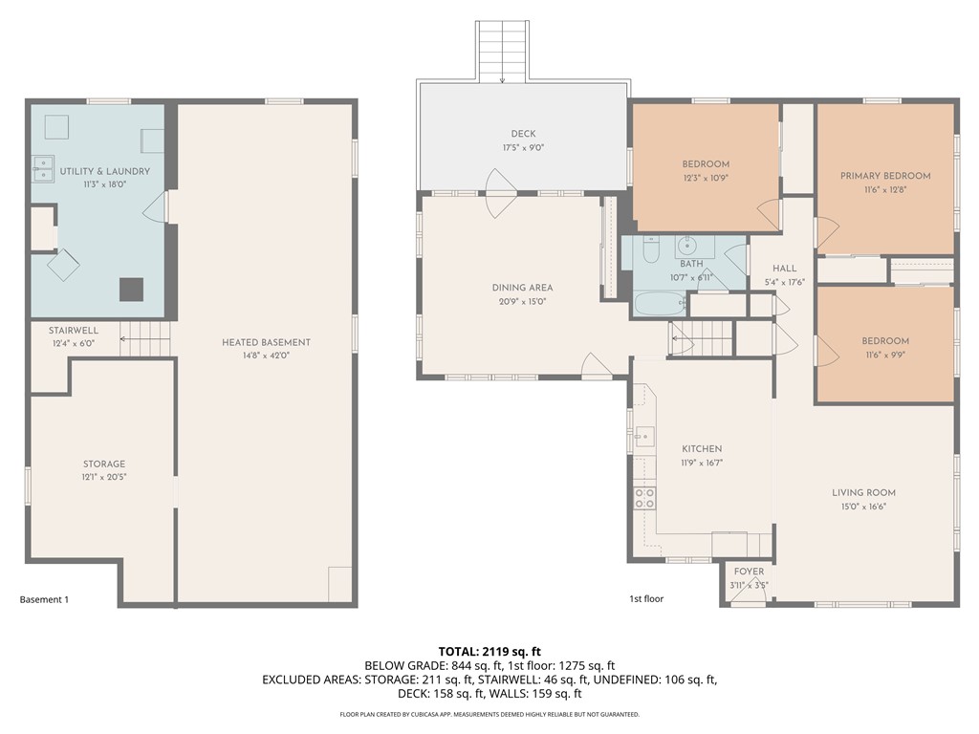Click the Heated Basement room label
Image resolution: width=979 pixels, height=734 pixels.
pos(266,342)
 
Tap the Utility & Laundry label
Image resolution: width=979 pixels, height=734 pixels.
pos(104,171)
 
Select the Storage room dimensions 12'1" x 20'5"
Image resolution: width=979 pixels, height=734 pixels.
pos(103,476)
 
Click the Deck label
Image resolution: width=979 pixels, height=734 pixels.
pos(523,134)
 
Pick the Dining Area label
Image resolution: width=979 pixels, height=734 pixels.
pos(522,288)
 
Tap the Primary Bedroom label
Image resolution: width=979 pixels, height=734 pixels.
pos(885,176)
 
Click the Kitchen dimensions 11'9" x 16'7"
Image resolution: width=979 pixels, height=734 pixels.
pos(701,462)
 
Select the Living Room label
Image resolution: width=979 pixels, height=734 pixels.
pos(863,493)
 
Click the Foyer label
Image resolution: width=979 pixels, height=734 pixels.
pos(749,572)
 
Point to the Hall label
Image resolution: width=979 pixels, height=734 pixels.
pos(785,269)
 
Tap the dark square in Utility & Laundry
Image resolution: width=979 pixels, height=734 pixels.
pos(131,289)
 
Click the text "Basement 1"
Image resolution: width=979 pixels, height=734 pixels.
pos(44,600)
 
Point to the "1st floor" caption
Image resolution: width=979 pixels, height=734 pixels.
pos(645,599)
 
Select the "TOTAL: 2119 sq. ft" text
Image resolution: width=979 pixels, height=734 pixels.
pos(489,651)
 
